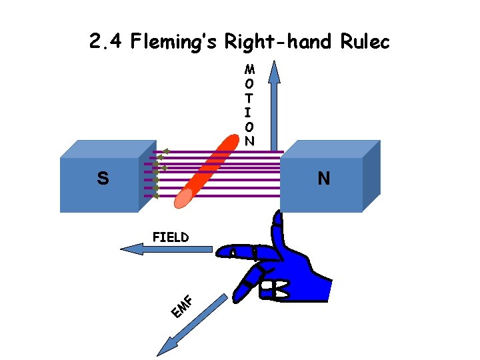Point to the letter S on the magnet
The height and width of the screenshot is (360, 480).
pos(102,179)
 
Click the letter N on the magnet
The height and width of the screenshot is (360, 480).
pos(323,179)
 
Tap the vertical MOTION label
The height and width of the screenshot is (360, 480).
pos(249,105)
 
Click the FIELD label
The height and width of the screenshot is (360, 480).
pos(170,237)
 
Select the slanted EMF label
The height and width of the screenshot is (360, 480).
pos(181,306)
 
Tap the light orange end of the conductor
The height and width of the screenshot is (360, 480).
pos(184,197)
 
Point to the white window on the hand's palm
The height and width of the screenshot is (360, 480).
pos(275,289)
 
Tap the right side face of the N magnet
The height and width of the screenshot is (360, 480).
pos(371,177)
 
